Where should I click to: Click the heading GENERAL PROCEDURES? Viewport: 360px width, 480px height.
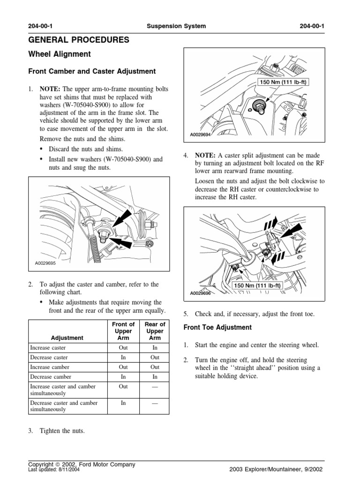[79, 40]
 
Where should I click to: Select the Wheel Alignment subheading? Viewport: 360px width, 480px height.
[60, 54]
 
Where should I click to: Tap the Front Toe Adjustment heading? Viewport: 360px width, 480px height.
[217, 327]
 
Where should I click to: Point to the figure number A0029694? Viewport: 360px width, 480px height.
[201, 135]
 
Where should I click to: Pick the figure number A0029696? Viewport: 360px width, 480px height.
[201, 293]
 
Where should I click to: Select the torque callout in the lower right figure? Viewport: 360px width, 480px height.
[257, 285]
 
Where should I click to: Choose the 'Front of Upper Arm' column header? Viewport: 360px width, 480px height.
[123, 331]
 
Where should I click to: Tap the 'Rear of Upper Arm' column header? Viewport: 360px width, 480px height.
[155, 331]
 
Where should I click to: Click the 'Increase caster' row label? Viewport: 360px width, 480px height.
[48, 348]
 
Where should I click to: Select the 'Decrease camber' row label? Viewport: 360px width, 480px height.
[51, 376]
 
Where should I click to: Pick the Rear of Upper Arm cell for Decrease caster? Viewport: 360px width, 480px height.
[155, 357]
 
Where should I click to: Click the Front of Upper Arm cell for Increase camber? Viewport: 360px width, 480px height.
[123, 367]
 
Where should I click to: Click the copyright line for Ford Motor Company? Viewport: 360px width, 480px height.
[82, 464]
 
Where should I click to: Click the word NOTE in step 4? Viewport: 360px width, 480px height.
[204, 156]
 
